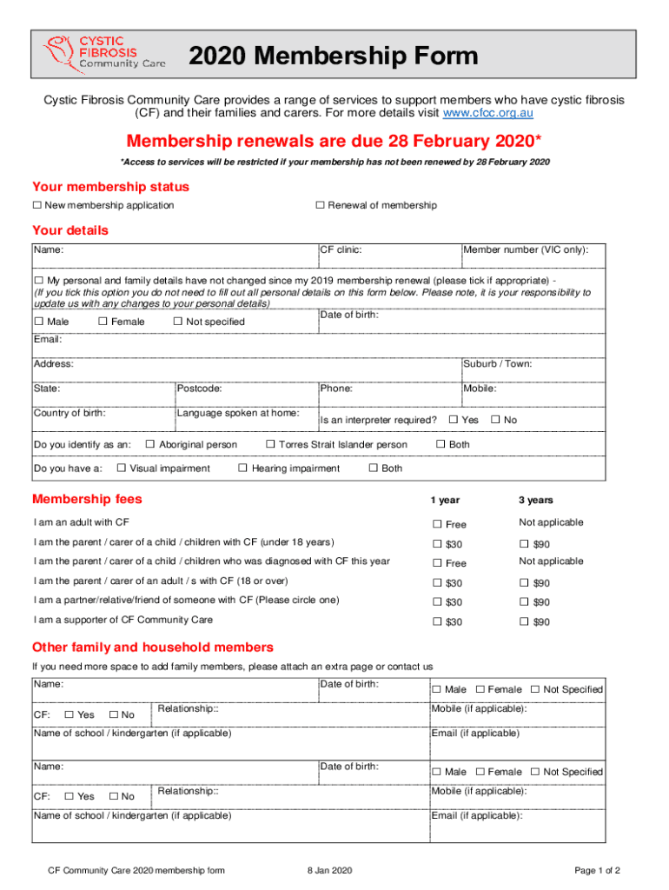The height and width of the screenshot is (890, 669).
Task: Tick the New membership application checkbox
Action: point(37,205)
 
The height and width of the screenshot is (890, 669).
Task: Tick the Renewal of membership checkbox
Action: point(320,205)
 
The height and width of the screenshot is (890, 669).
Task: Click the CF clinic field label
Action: point(341,250)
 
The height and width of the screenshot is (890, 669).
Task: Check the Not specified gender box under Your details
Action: point(178,322)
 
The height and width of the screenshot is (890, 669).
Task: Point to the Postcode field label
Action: point(200,389)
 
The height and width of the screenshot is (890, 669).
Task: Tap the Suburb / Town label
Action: point(498,364)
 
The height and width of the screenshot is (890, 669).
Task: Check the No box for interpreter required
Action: point(495,420)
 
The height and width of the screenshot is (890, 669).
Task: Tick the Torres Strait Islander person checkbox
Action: point(270,445)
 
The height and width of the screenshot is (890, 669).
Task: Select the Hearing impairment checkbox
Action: point(243,468)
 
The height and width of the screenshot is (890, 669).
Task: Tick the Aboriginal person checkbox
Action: point(150,445)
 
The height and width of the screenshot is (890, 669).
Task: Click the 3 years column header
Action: point(536,501)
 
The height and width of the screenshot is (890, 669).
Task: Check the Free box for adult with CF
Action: point(438,524)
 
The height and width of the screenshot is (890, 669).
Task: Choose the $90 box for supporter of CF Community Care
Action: point(524,621)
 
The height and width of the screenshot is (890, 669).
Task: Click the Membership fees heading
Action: point(87,500)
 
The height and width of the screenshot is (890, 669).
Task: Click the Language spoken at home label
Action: point(238,413)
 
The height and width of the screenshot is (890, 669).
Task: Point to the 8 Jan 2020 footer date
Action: point(329,870)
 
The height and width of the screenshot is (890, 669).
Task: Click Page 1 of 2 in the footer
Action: point(598,870)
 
